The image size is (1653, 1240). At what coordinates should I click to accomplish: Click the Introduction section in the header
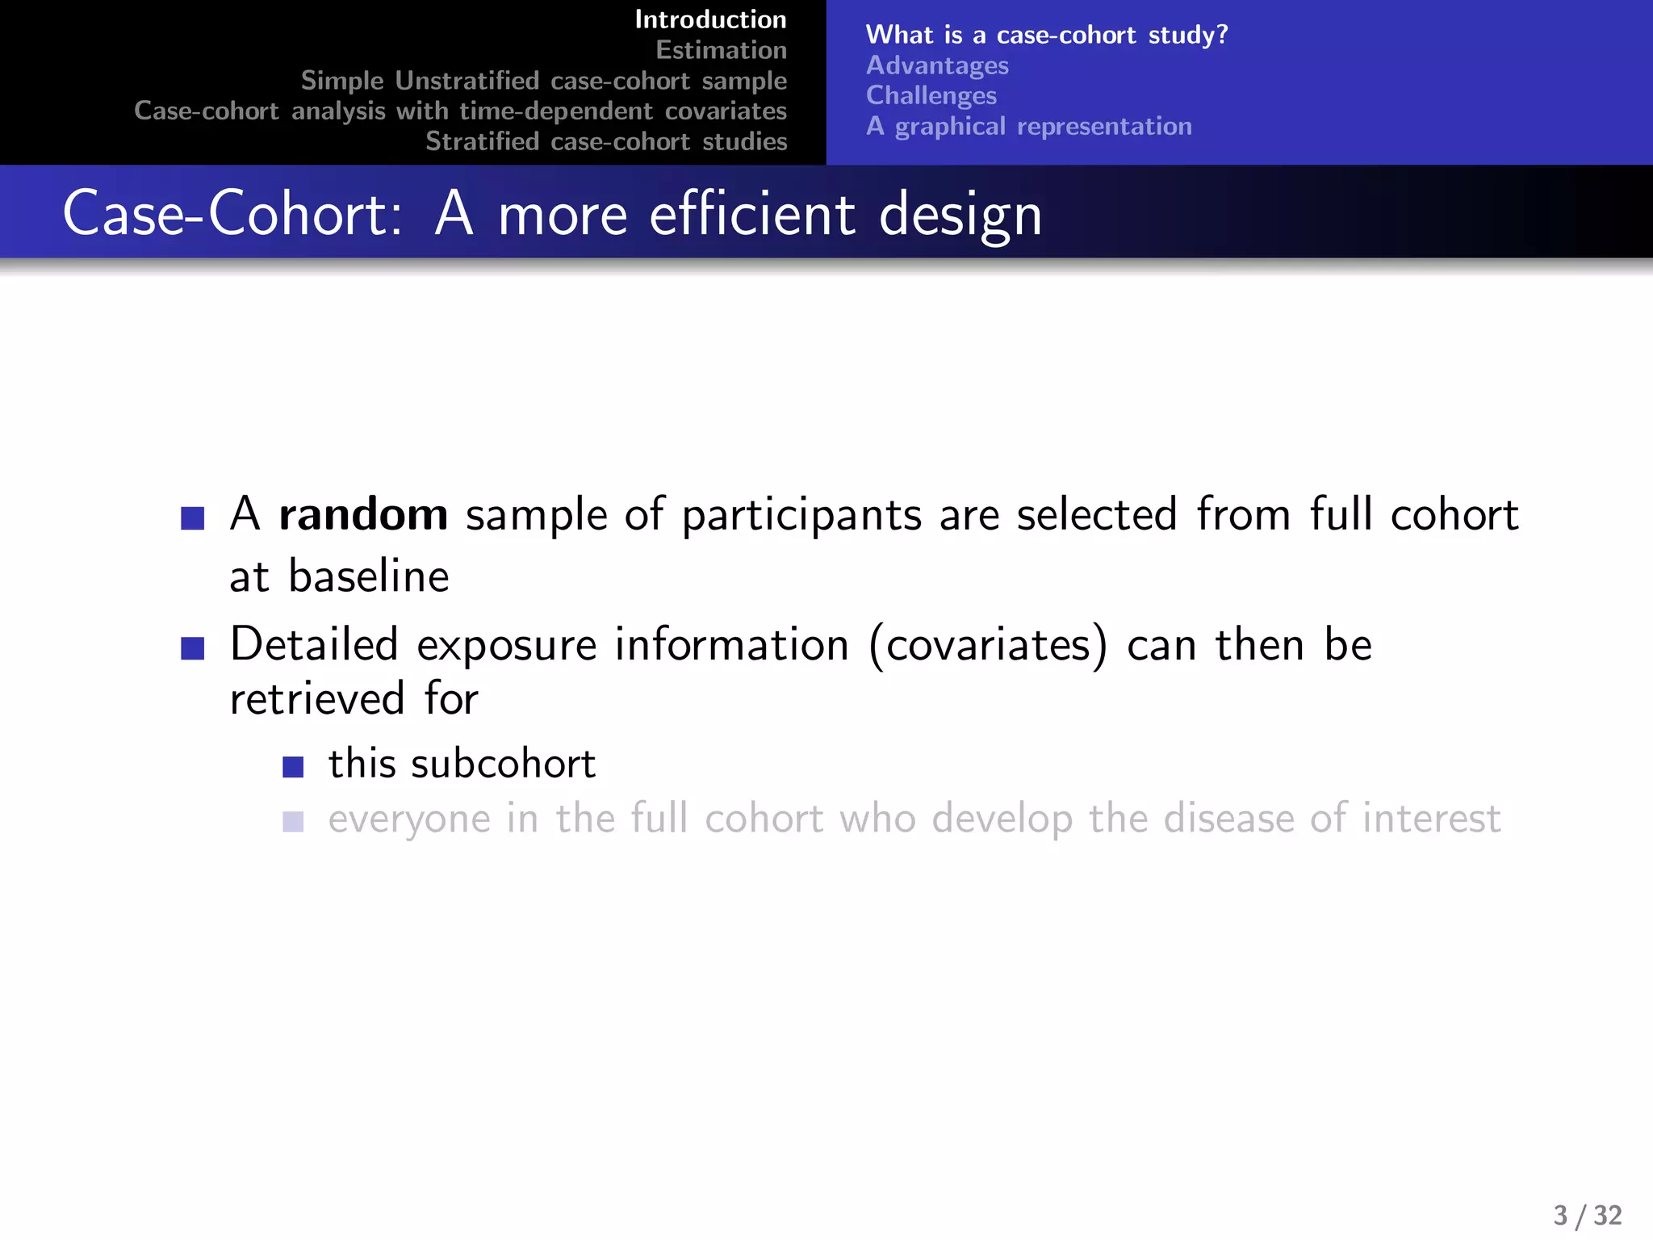(x=710, y=19)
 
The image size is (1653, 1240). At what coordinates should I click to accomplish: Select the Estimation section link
(x=721, y=50)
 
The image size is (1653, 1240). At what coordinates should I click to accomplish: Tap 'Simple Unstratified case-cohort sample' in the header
(x=543, y=81)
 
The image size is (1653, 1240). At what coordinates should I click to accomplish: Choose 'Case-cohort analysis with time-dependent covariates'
(x=460, y=111)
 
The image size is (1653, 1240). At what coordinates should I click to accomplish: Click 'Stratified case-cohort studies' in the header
(x=606, y=141)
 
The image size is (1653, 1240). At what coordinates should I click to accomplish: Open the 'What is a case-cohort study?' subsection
(x=1046, y=35)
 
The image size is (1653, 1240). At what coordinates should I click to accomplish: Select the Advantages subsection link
(x=937, y=65)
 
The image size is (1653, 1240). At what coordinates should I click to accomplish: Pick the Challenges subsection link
(x=931, y=95)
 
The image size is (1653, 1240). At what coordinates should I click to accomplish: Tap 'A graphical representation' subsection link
(x=1028, y=126)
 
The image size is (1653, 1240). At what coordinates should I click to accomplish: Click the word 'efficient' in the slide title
(x=752, y=215)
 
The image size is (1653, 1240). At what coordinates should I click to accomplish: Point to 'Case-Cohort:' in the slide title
(x=232, y=215)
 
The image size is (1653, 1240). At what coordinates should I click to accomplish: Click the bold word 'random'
(x=363, y=514)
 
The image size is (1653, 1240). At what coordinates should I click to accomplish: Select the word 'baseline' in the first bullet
(x=369, y=576)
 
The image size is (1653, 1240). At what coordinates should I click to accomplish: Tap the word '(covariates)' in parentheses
(x=988, y=645)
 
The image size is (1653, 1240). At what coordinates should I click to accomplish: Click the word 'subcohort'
(x=503, y=764)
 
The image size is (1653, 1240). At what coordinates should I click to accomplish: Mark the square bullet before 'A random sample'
(x=193, y=517)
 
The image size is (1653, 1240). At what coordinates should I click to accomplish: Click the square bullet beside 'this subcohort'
(x=293, y=767)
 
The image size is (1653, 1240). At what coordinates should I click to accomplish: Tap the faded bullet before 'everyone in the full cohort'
(x=293, y=822)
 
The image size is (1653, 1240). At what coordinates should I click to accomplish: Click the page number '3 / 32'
(x=1587, y=1215)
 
